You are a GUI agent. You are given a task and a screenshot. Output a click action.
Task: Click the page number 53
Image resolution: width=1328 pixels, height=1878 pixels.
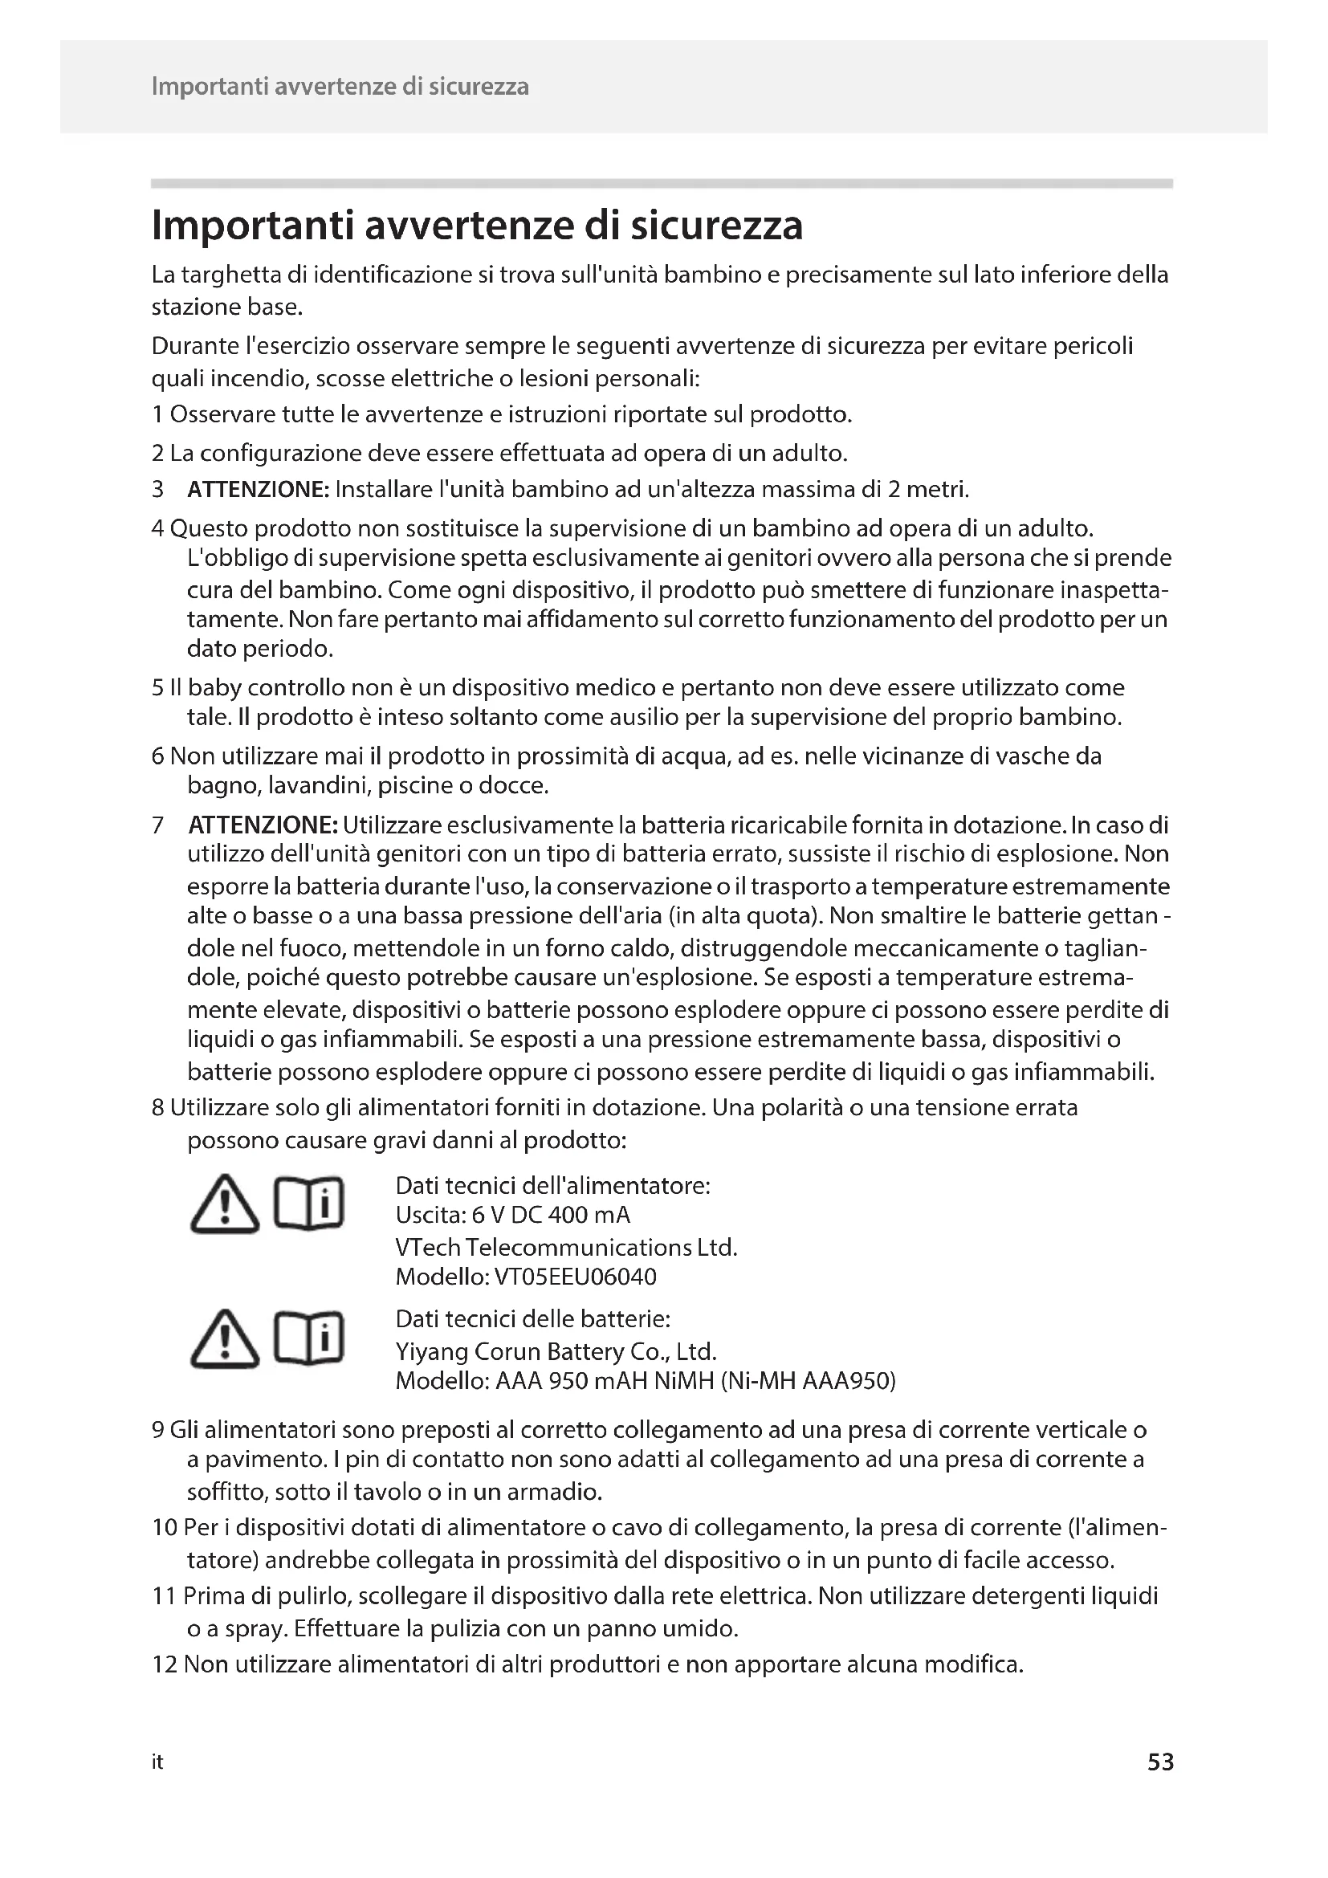(1159, 1762)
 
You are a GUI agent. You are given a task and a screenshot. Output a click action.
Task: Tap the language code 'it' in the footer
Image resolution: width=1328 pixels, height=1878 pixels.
(157, 1762)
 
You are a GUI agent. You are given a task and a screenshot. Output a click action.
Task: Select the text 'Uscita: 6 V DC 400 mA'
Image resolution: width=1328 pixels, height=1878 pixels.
(513, 1215)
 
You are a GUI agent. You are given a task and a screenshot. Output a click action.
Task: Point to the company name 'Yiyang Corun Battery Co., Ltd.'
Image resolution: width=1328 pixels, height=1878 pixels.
(556, 1350)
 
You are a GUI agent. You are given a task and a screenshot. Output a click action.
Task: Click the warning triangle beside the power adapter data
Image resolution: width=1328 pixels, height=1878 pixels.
(224, 1204)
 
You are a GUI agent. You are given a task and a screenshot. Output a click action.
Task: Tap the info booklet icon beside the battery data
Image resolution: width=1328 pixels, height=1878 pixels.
(309, 1338)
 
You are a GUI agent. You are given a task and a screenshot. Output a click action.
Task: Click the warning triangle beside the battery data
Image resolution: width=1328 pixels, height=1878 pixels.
(224, 1339)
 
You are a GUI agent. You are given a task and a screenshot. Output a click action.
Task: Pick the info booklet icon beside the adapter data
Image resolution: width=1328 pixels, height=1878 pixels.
(309, 1204)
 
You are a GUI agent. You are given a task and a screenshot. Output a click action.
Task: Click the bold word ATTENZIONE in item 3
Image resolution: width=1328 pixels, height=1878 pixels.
(258, 490)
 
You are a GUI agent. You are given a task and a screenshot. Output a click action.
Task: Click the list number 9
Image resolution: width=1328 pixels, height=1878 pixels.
(158, 1430)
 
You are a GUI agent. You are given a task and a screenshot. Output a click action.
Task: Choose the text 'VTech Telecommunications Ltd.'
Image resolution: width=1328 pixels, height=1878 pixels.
(566, 1248)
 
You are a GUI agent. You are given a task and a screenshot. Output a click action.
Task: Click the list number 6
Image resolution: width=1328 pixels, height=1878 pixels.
(158, 756)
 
